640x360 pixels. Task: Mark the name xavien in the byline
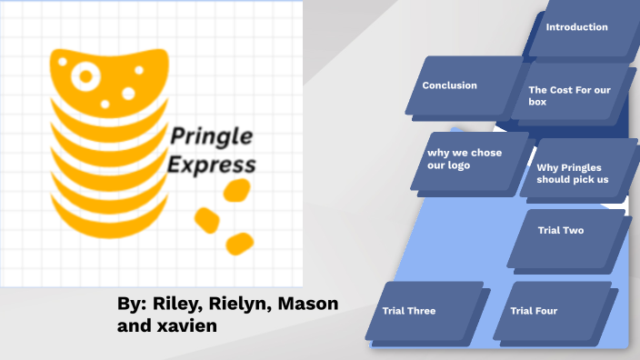point(188,325)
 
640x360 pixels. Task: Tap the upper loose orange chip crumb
point(236,190)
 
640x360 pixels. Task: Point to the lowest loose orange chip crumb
point(239,243)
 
